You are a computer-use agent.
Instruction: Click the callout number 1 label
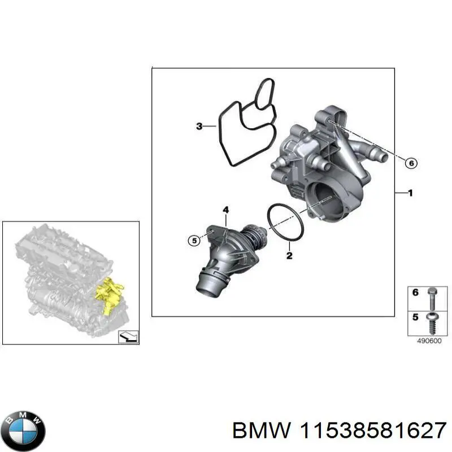click(410, 193)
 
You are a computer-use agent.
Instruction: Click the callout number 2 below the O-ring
click(289, 255)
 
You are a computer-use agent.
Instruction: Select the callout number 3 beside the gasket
click(199, 127)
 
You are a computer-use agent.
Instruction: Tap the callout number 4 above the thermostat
click(225, 211)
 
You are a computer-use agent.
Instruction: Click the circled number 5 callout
click(194, 241)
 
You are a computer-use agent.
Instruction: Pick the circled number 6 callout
click(411, 163)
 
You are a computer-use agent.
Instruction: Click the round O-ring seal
click(285, 222)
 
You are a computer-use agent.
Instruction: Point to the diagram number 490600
click(429, 341)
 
